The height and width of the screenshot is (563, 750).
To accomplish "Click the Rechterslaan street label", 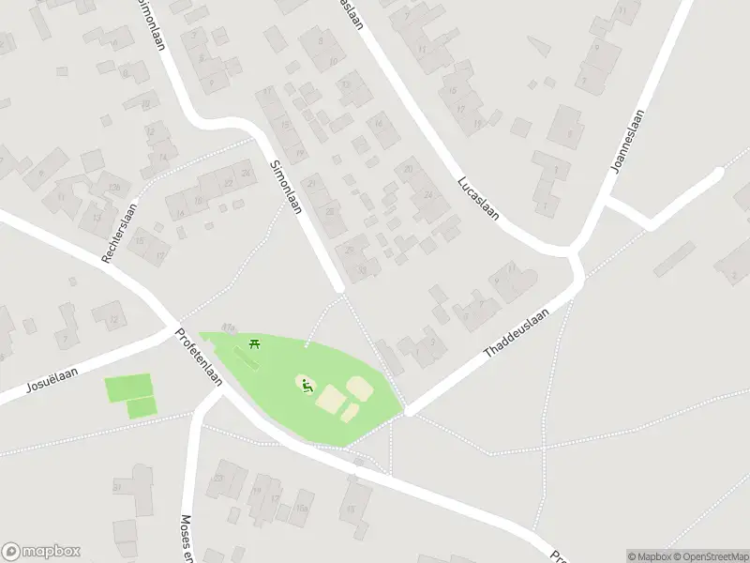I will tap(119, 233).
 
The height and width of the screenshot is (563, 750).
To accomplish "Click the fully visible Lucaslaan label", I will tap(476, 196).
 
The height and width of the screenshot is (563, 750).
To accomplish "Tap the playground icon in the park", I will tap(306, 384).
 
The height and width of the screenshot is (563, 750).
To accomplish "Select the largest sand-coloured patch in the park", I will tap(330, 401).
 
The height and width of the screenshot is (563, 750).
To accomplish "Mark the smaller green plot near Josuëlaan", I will tap(142, 408).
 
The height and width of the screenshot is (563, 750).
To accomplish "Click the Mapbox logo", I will tap(41, 552).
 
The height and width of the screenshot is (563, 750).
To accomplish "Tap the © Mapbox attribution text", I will tap(649, 556).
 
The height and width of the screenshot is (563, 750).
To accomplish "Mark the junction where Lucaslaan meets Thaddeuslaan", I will tap(574, 253).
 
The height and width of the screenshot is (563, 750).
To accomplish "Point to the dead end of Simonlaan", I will tap(340, 286).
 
